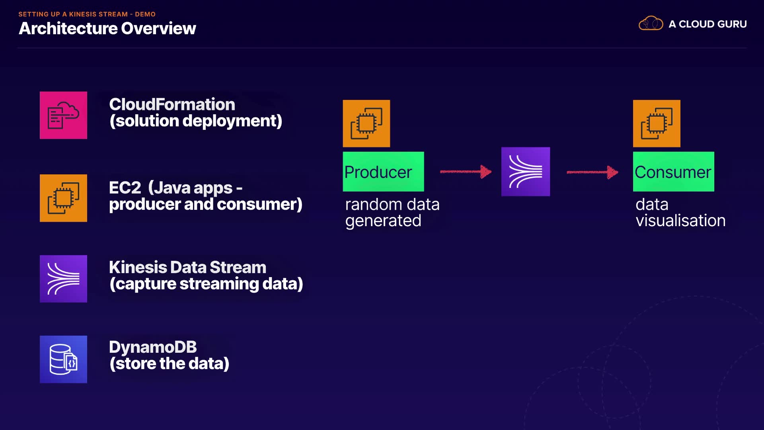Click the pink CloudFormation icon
[x=63, y=115]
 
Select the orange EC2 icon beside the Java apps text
[x=63, y=198]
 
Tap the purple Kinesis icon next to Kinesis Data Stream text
[x=63, y=279]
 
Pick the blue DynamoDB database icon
[x=63, y=359]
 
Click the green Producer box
[x=383, y=172]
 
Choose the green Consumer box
[x=673, y=172]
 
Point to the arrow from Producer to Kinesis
[x=466, y=172]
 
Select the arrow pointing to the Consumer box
[x=592, y=172]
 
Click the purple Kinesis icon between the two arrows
[x=525, y=172]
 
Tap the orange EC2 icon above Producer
[x=366, y=123]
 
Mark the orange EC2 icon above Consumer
[x=657, y=123]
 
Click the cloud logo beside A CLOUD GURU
[x=651, y=23]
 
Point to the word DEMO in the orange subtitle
[x=145, y=14]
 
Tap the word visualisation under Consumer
[x=680, y=221]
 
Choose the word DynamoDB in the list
[x=153, y=347]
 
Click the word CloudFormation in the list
[x=172, y=104]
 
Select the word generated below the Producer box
[x=383, y=221]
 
